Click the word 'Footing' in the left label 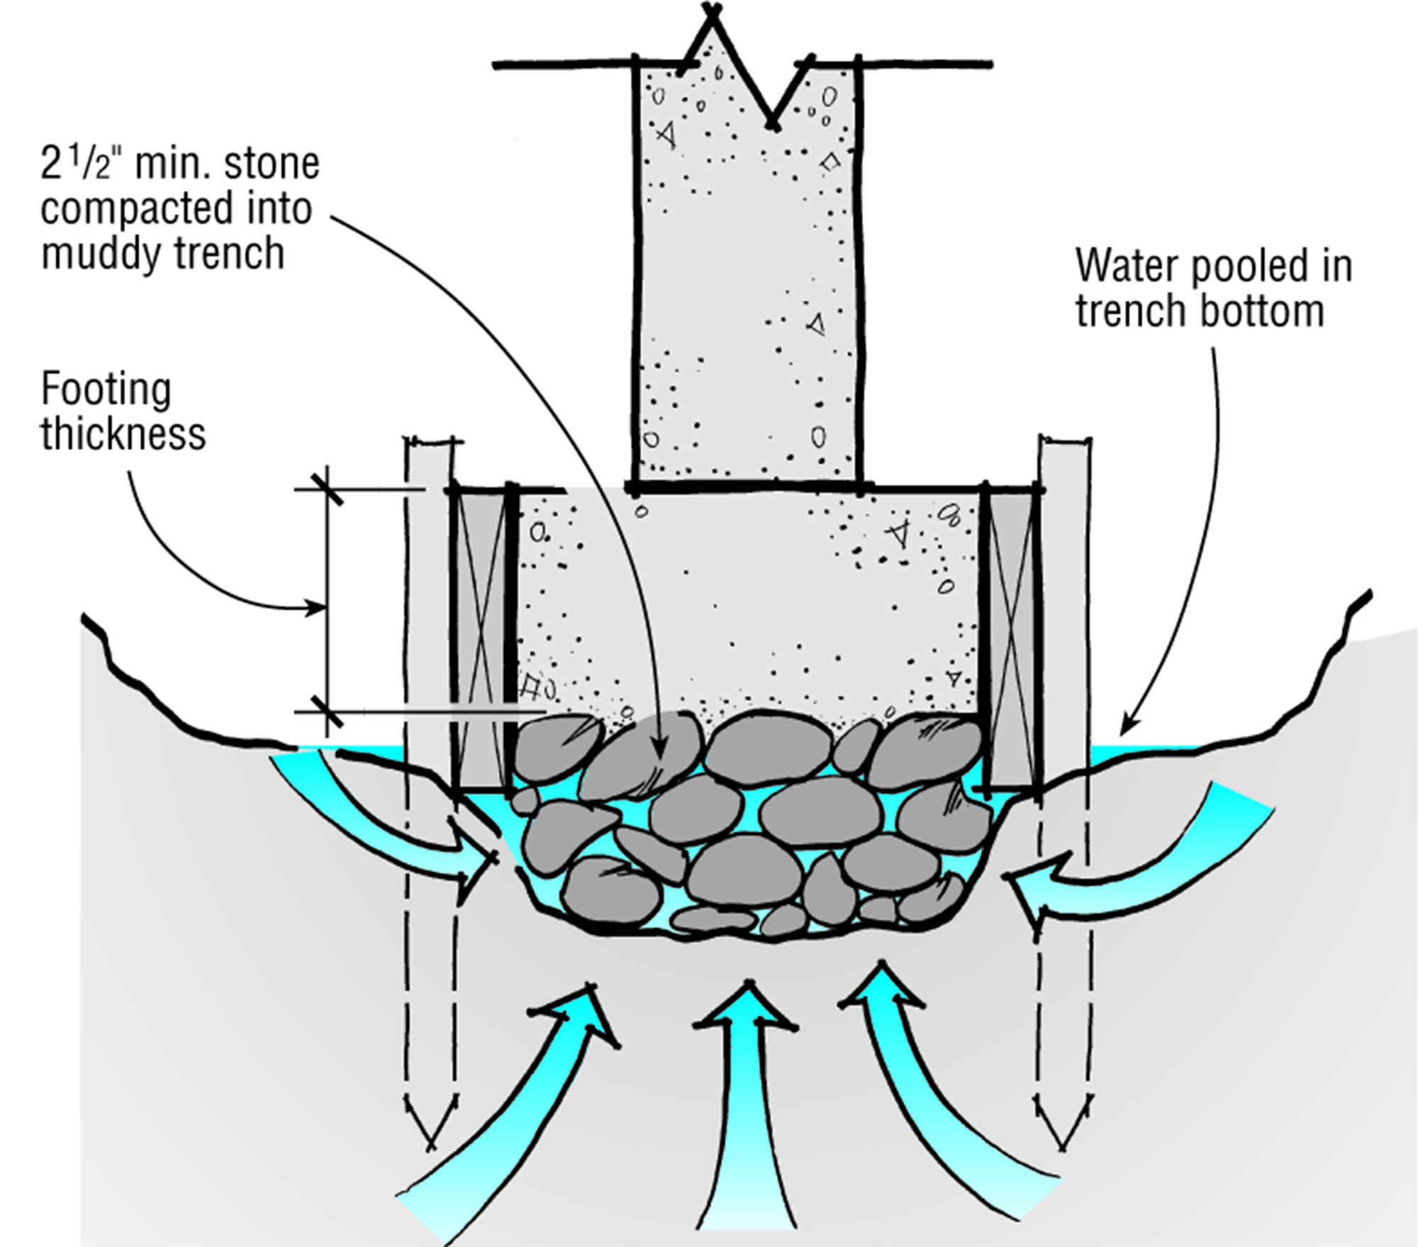tap(106, 389)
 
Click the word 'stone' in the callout tap(272, 165)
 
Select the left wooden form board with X tap(481, 638)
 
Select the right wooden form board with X tap(1012, 638)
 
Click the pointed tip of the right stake tap(1062, 1145)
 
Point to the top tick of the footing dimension tap(328, 489)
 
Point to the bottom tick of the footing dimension tap(328, 711)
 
